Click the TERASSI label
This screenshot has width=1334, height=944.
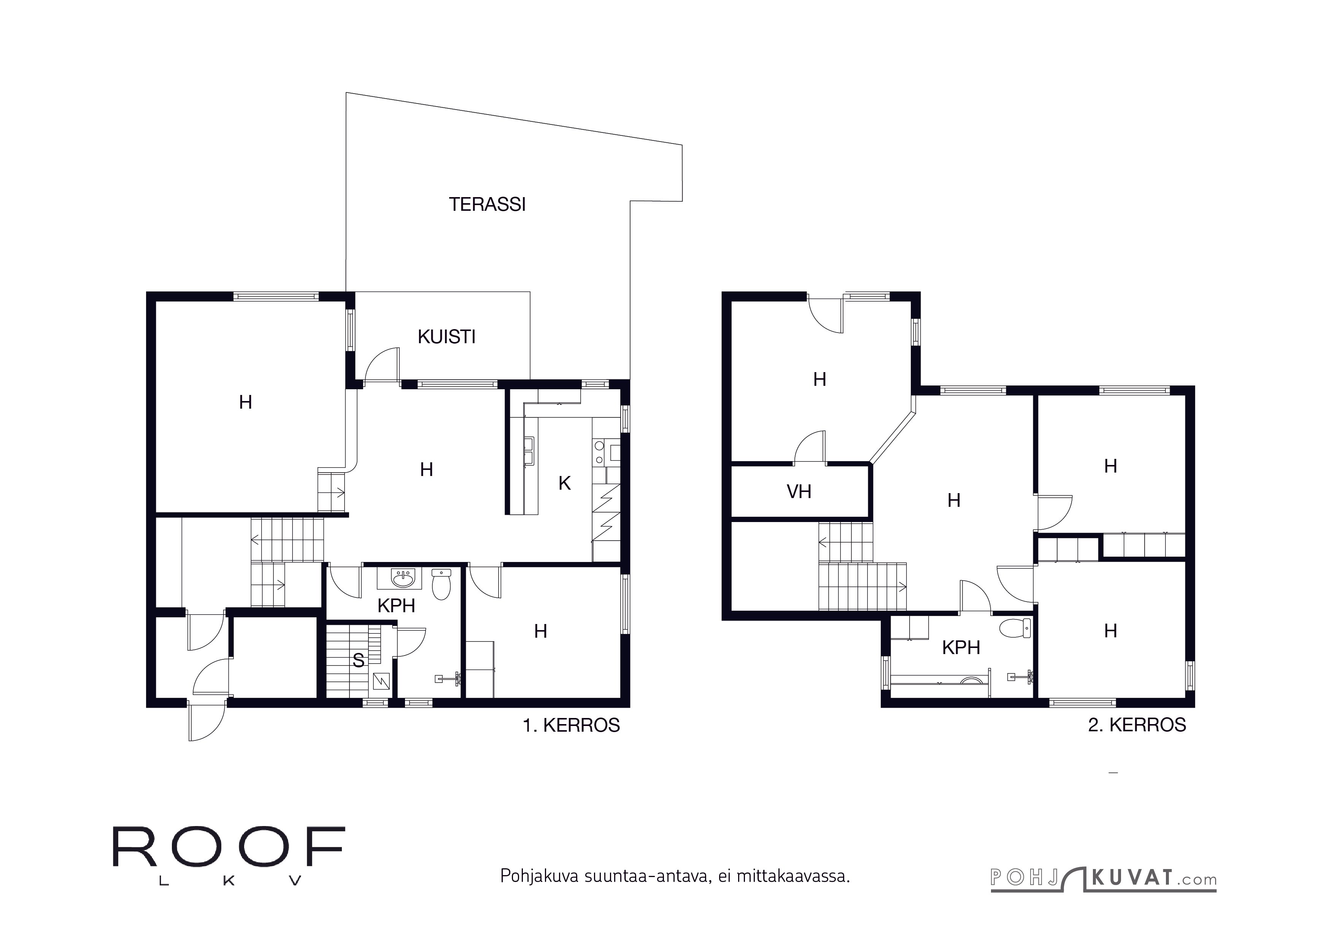pos(487,205)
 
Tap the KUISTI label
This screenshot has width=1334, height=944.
pos(446,337)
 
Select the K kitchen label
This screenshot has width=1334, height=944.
pos(564,483)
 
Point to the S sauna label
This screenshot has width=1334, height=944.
pos(359,661)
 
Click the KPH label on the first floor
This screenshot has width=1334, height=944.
pos(396,606)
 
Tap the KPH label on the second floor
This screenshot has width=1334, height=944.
pos(961,648)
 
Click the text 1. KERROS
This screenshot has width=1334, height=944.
pos(571,726)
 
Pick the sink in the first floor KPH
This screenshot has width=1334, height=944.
pos(403,578)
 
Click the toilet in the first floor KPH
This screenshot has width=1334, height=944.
pos(441,584)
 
